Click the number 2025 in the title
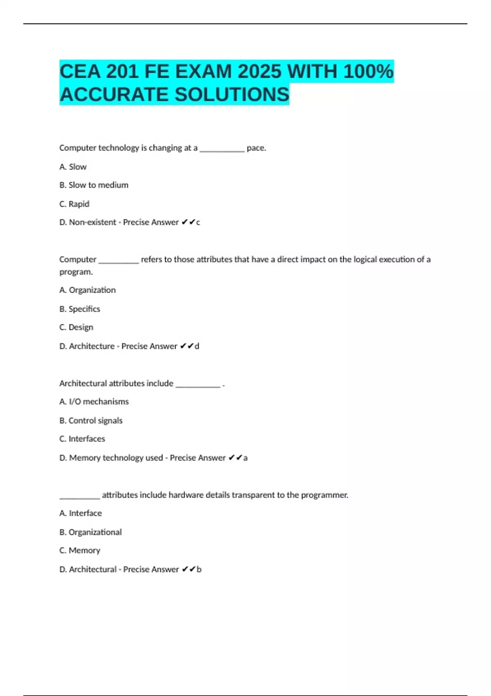(259, 72)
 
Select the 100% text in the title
(368, 72)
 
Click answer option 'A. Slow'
(73, 167)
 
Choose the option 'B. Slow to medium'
(94, 185)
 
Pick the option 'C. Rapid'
(74, 204)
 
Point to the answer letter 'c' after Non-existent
(198, 222)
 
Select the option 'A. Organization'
(87, 290)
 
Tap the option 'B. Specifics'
(79, 309)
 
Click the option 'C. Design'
(76, 327)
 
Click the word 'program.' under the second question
(76, 272)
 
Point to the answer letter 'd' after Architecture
(197, 346)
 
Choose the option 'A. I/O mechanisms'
(94, 402)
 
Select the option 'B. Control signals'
(91, 420)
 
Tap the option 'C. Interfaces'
(82, 439)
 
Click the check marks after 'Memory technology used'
(235, 458)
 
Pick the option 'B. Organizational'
(90, 532)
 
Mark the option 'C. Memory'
(79, 551)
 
